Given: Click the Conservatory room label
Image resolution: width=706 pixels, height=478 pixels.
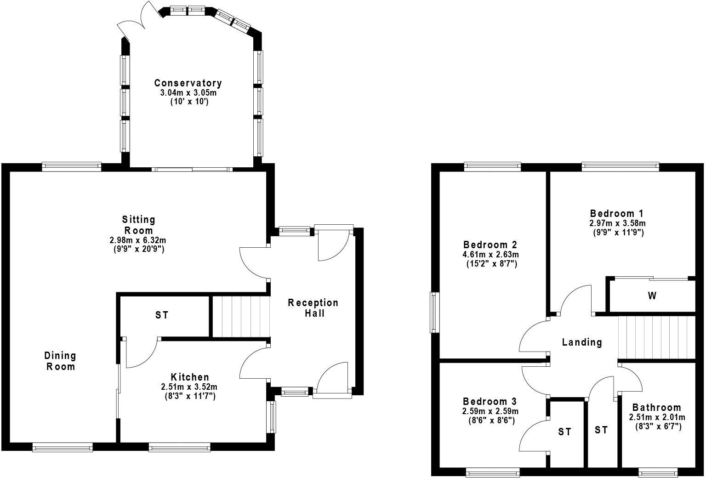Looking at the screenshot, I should coord(188,83).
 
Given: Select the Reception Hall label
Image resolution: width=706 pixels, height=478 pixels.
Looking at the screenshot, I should coord(313,308).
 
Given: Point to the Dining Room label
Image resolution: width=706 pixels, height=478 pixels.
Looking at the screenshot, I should coord(60,361).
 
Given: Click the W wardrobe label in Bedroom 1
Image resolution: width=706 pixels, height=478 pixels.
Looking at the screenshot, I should coord(652,296).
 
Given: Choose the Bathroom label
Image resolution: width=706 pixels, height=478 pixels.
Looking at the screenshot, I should coord(657,408).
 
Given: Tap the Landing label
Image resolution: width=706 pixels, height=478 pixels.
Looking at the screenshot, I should coord(582,342).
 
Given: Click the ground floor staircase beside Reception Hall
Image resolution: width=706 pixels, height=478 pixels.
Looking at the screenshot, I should coord(240,317).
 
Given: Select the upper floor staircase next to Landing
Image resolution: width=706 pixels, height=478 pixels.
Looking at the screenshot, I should coord(656,337).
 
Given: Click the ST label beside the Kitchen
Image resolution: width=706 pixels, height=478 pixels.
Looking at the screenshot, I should coord(162,315).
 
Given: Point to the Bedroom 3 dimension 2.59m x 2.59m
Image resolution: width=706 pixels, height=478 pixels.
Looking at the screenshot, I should coord(490,411).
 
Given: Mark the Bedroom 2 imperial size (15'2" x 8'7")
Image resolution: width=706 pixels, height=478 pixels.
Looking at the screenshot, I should coord(491,264).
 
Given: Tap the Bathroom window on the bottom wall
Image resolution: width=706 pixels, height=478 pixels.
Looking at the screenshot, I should coord(658,471).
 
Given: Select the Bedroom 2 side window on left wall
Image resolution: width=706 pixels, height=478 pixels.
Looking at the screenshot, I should coord(434,312).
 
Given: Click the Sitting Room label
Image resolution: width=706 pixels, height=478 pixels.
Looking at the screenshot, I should coord(138,225).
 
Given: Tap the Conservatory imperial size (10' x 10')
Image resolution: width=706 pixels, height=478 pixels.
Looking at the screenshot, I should coord(188,102).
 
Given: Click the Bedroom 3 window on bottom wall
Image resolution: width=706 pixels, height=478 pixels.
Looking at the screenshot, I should coord(492,471).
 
